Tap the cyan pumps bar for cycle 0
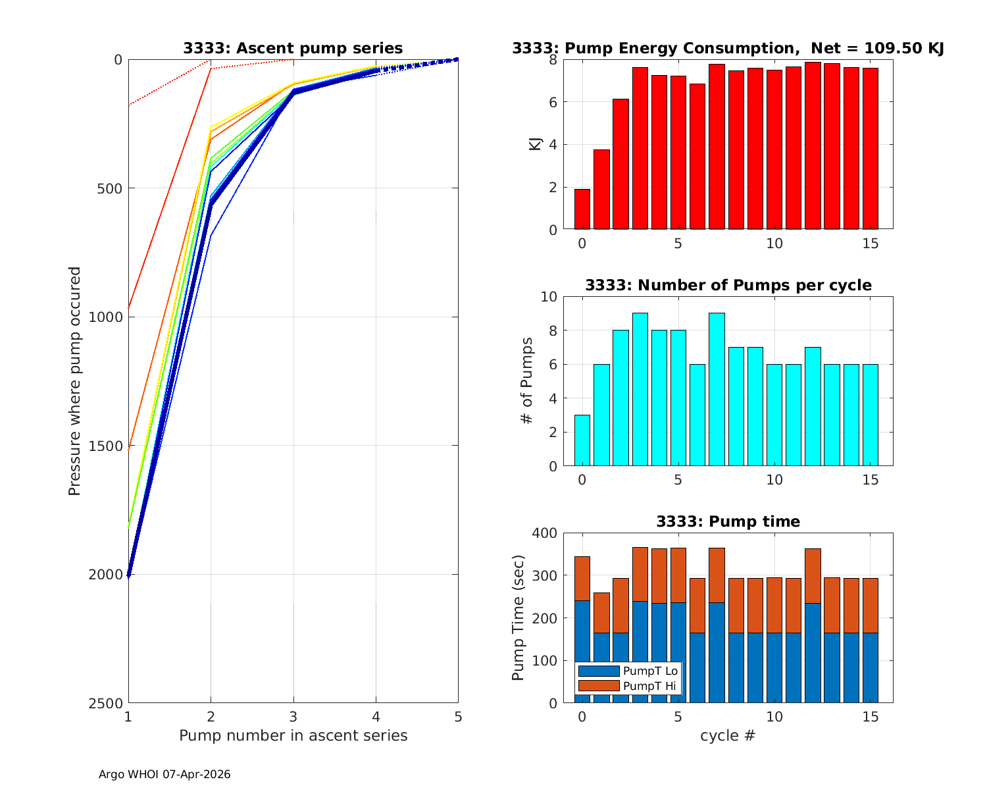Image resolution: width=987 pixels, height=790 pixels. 582,440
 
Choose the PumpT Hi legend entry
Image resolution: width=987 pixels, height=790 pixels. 650,686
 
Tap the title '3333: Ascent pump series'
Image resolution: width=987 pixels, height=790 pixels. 293,48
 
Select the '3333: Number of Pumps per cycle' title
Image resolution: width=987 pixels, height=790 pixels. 728,285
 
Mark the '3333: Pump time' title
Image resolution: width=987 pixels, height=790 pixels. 728,521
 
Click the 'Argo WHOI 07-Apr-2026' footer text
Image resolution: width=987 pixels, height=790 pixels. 164,774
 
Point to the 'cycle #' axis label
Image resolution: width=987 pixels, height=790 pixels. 728,735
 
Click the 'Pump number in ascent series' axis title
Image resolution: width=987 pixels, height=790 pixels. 293,735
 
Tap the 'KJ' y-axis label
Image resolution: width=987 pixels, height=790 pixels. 536,144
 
